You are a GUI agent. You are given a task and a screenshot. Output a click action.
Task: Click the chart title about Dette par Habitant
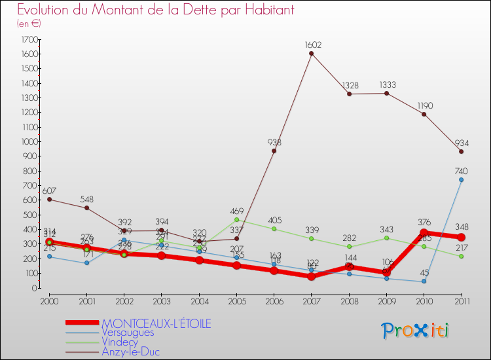[155, 10]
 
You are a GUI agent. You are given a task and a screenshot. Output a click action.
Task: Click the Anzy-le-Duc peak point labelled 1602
[311, 53]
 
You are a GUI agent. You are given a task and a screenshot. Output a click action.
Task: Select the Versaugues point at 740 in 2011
[461, 179]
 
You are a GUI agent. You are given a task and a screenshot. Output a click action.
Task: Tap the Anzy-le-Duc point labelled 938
[274, 151]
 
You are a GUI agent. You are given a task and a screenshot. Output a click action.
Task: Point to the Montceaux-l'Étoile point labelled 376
[424, 233]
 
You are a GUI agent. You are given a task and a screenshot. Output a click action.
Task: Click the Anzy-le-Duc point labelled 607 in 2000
[49, 199]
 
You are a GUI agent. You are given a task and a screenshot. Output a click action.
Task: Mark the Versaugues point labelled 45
[424, 281]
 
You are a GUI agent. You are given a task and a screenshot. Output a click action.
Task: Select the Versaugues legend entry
[128, 333]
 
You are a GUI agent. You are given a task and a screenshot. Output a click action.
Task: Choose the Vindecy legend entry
[122, 342]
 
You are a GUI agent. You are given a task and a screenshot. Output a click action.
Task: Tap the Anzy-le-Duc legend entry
[130, 351]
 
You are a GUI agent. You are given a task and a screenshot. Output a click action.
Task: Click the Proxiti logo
[416, 331]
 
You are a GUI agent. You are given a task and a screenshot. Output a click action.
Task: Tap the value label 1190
[424, 105]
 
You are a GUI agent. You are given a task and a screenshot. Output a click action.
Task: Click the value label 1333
[386, 85]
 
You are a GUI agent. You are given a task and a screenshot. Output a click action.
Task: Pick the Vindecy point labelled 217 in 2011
[461, 256]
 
